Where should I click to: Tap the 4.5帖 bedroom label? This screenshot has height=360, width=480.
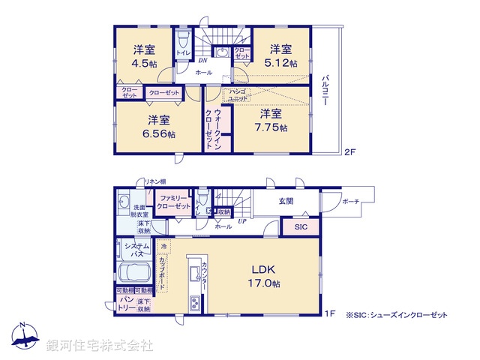point(143,58)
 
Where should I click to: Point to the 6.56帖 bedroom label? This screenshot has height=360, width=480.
point(157,127)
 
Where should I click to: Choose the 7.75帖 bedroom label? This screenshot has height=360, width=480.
point(270,120)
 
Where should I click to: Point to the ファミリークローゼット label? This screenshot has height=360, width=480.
point(174,202)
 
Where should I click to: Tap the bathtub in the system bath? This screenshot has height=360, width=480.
point(135,272)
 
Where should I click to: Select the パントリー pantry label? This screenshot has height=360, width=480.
point(124,303)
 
